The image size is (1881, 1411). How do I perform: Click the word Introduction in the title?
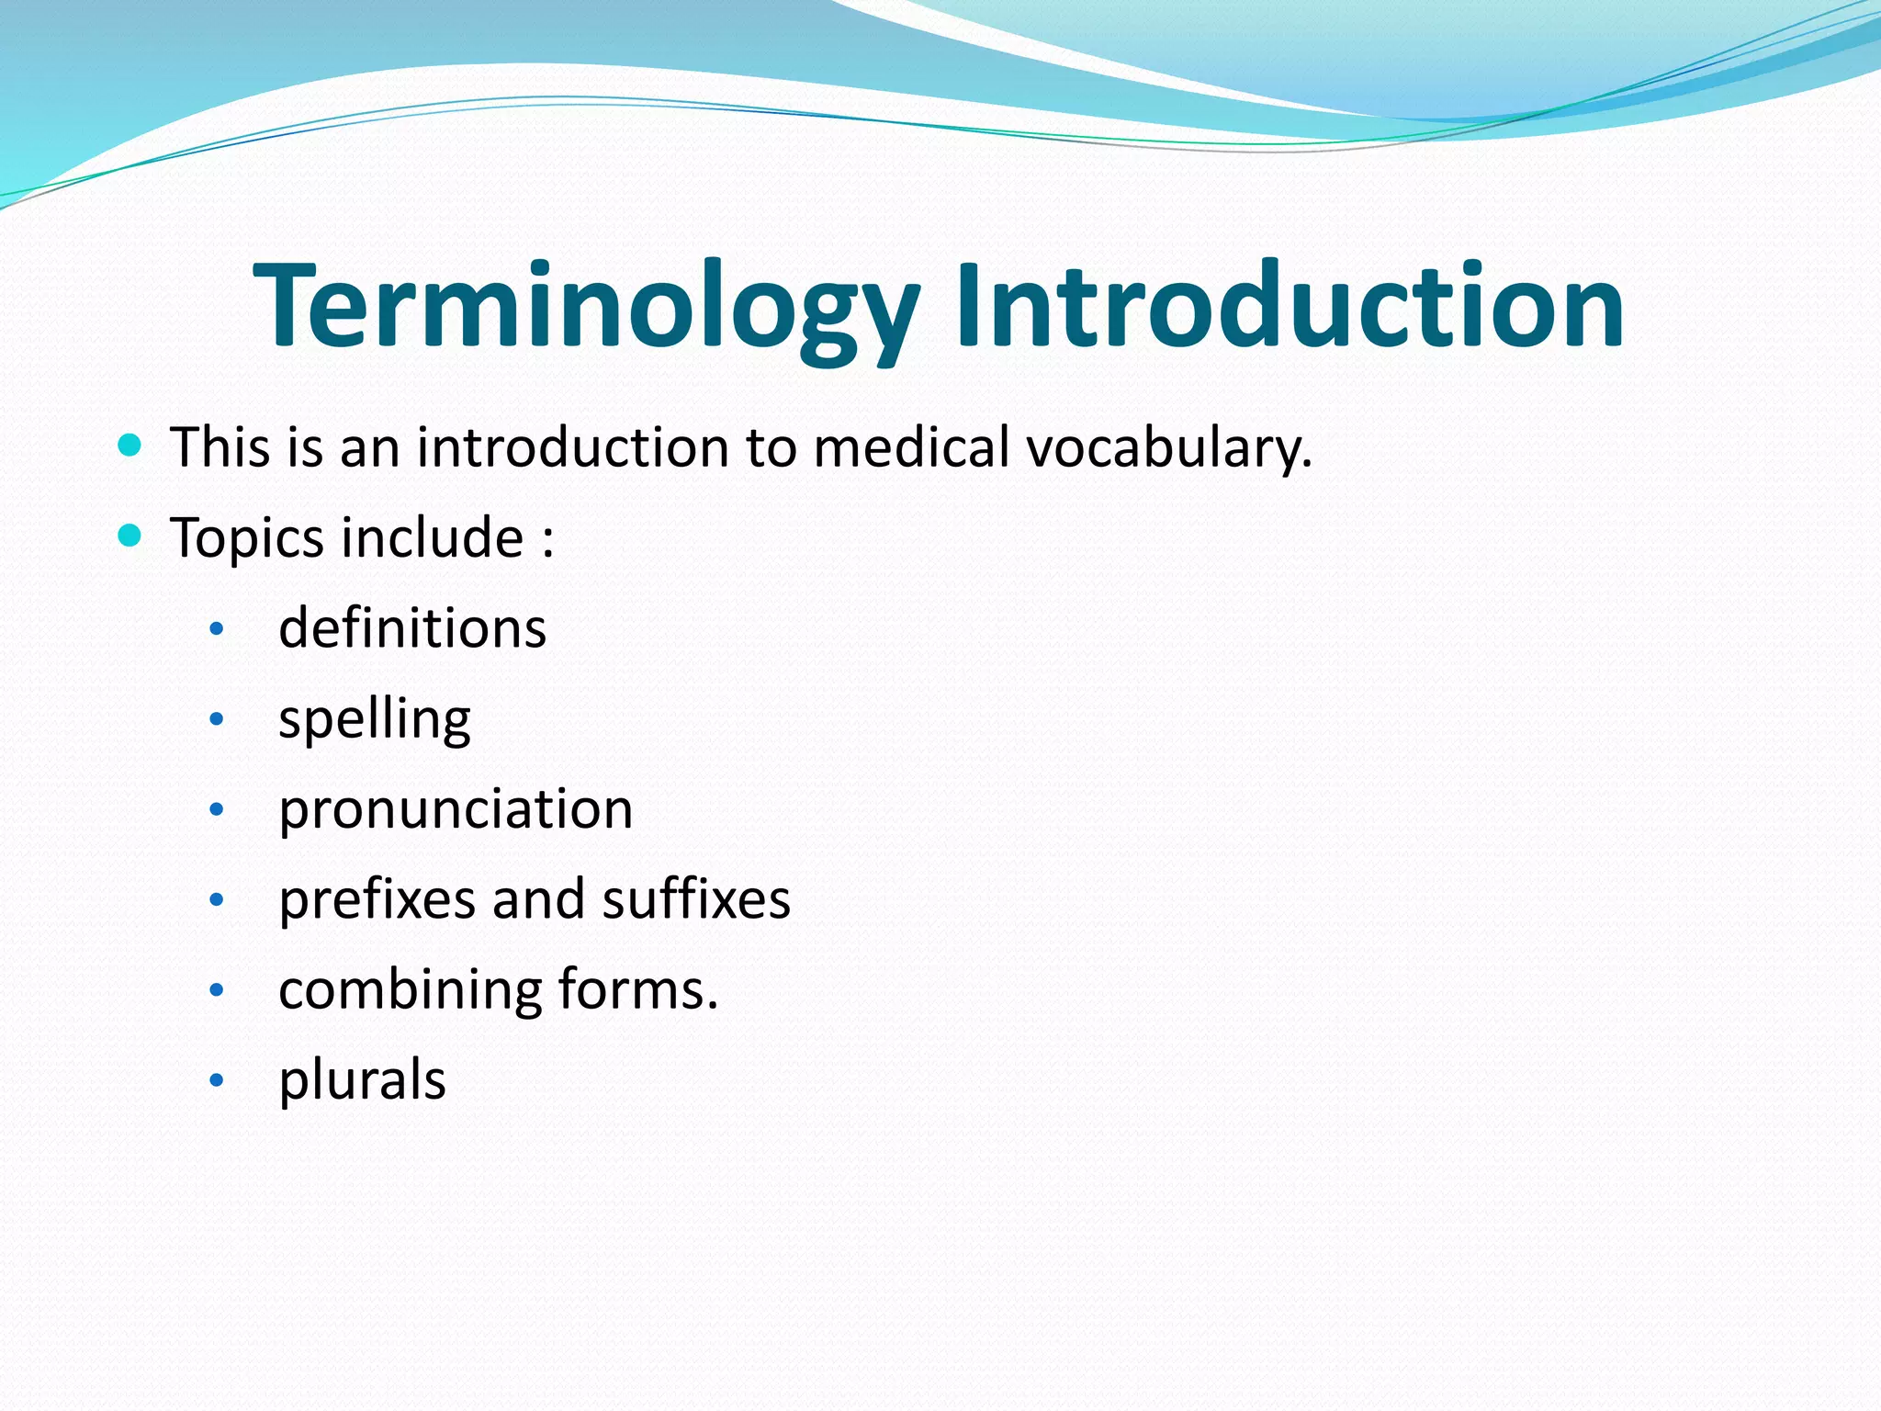[1290, 305]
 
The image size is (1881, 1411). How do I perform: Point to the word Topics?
[247, 538]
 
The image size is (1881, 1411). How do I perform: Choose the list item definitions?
[412, 628]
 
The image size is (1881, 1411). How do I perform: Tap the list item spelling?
[375, 719]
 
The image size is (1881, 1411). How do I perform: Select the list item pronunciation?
[456, 810]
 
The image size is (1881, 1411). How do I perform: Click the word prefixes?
[377, 899]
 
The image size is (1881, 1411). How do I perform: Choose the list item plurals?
[362, 1079]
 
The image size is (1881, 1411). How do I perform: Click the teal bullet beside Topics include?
[130, 536]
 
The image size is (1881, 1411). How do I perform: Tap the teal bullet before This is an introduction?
[130, 446]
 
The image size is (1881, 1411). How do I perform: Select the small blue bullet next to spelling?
[217, 719]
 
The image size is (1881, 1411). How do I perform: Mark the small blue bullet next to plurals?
[217, 1080]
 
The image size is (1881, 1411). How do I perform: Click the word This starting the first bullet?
[220, 448]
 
